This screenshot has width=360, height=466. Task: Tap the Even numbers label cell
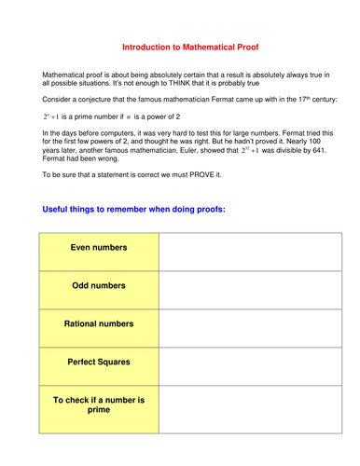[x=99, y=249]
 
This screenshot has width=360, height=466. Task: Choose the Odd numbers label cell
[x=99, y=286]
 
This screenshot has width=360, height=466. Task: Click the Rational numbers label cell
[x=99, y=324]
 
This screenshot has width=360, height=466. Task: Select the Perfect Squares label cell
[x=99, y=362]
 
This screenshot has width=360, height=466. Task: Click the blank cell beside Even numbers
[x=241, y=249]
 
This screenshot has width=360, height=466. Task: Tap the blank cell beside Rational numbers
[x=241, y=324]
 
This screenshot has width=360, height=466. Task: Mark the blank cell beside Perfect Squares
[x=241, y=362]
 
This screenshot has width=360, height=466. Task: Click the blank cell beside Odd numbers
[x=241, y=286]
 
